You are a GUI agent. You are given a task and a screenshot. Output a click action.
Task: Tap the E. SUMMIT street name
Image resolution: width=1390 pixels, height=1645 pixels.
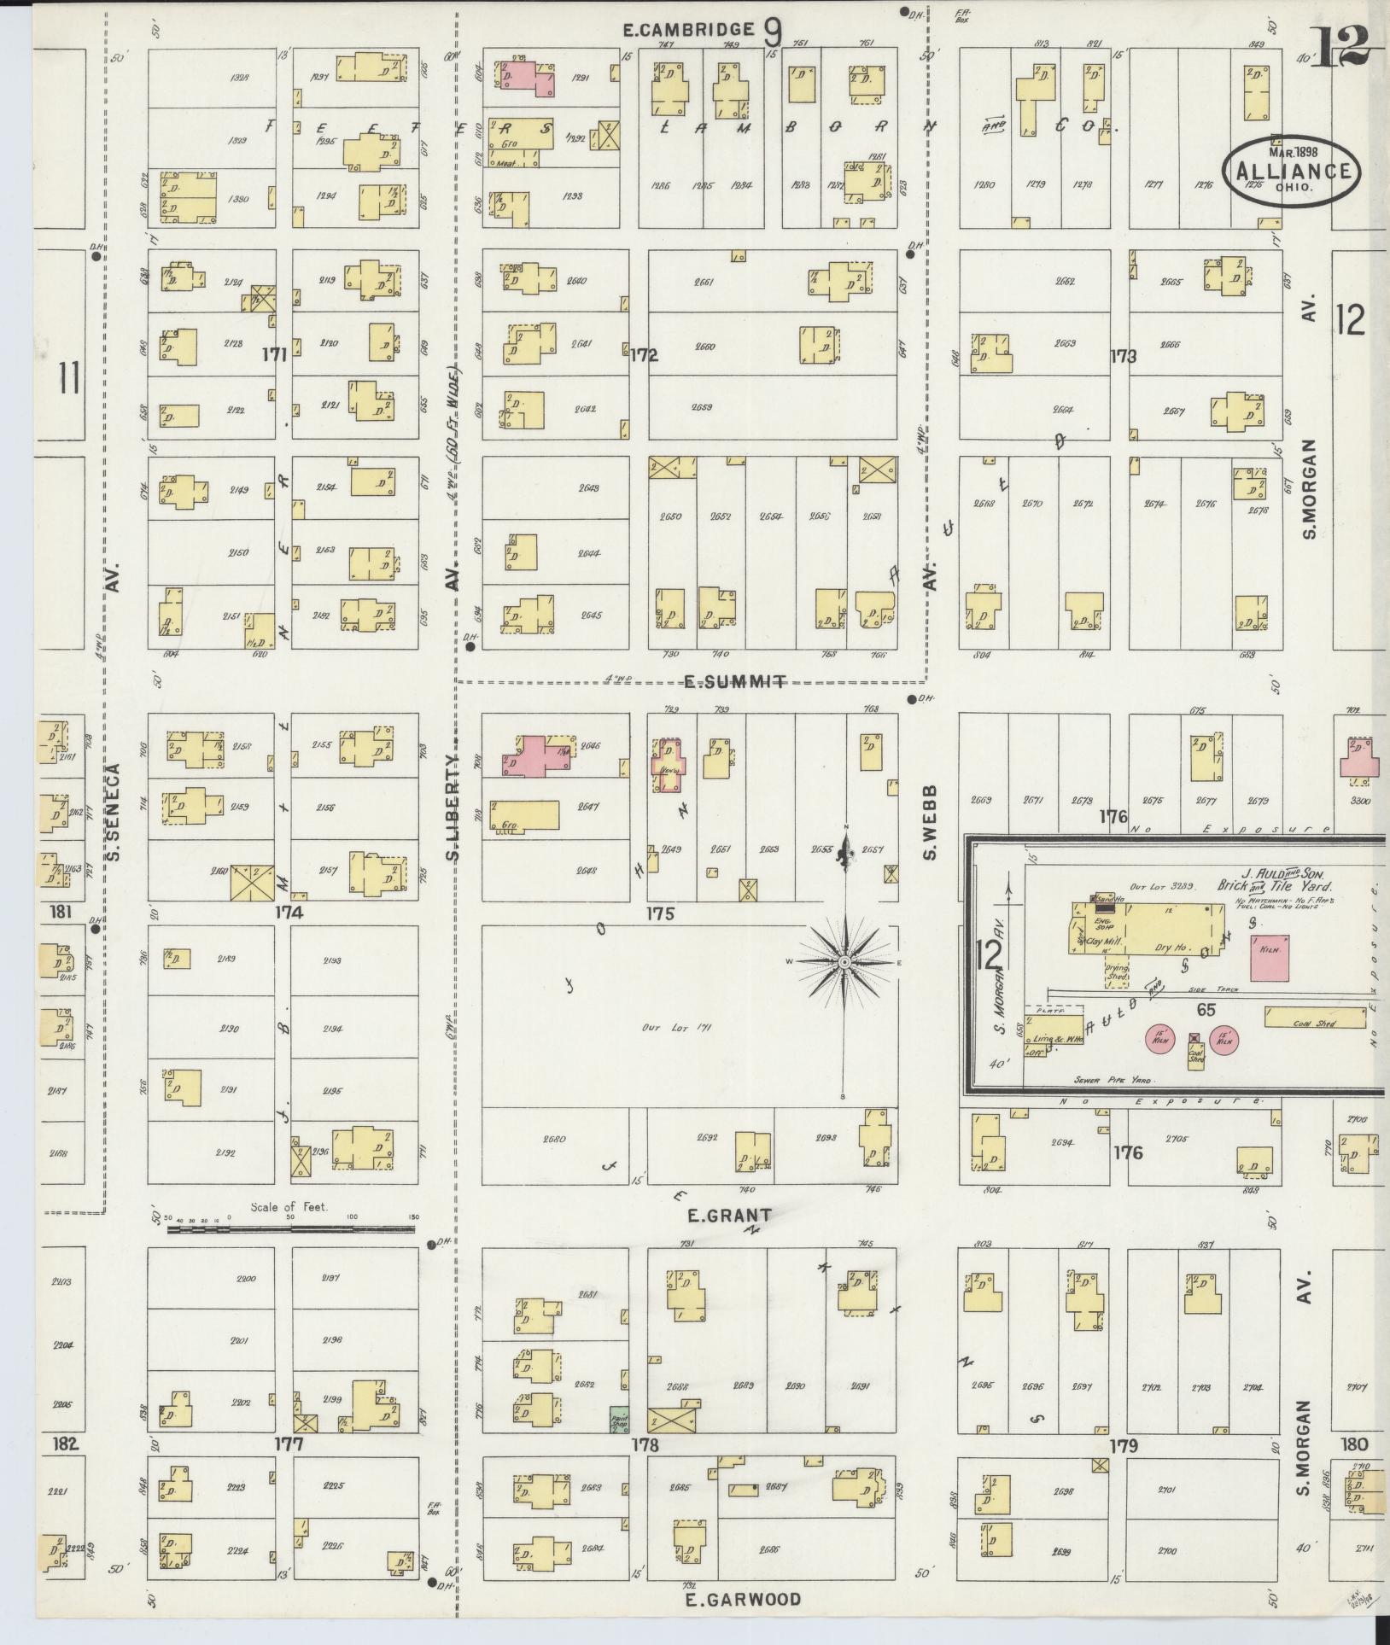[734, 681]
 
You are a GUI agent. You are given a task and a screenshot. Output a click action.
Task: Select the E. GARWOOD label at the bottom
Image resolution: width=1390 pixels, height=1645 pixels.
[744, 1599]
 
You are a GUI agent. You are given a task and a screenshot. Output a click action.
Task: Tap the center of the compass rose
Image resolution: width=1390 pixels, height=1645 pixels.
[844, 962]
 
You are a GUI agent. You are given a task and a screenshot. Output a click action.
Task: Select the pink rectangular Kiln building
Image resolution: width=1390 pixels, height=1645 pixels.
[1270, 956]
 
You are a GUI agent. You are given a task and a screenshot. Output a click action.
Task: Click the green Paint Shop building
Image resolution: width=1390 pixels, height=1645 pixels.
[619, 1420]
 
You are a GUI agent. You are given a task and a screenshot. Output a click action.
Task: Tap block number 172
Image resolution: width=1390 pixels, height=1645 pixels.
[644, 355]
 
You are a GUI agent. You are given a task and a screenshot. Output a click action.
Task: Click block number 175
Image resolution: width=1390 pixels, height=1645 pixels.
[660, 913]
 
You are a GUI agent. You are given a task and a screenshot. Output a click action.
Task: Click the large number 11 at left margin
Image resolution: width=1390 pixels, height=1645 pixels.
[69, 378]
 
